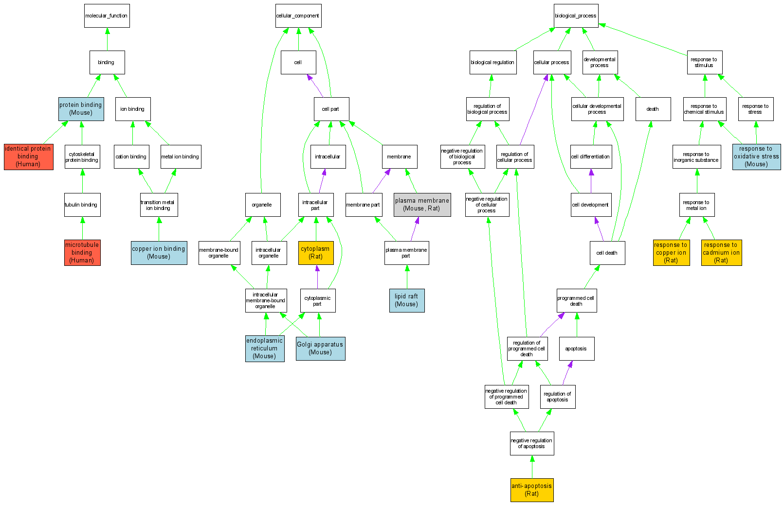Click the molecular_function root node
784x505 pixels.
[x=107, y=16]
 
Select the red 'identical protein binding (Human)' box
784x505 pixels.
[x=28, y=157]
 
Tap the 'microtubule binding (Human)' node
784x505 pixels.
[x=82, y=253]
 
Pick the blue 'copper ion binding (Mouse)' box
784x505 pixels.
[x=159, y=253]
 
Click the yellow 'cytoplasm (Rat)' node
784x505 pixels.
[x=316, y=253]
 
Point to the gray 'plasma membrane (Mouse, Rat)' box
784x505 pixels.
[x=422, y=205]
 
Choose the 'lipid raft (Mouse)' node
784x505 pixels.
[x=407, y=300]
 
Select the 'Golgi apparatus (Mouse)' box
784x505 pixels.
[x=320, y=348]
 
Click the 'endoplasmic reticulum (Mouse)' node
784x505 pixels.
[x=264, y=348]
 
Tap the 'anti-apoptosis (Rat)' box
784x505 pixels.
[x=531, y=490]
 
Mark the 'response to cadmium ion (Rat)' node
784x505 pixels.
[x=721, y=253]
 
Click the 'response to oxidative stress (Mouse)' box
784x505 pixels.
[x=756, y=157]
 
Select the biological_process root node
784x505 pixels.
[x=576, y=16]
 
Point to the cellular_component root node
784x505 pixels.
[x=298, y=16]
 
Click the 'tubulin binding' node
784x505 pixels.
[x=82, y=205]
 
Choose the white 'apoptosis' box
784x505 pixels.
[x=576, y=348]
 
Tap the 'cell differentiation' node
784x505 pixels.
[x=591, y=157]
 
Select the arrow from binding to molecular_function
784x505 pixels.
[x=107, y=39]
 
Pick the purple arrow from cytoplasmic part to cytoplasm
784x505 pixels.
[x=317, y=277]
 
